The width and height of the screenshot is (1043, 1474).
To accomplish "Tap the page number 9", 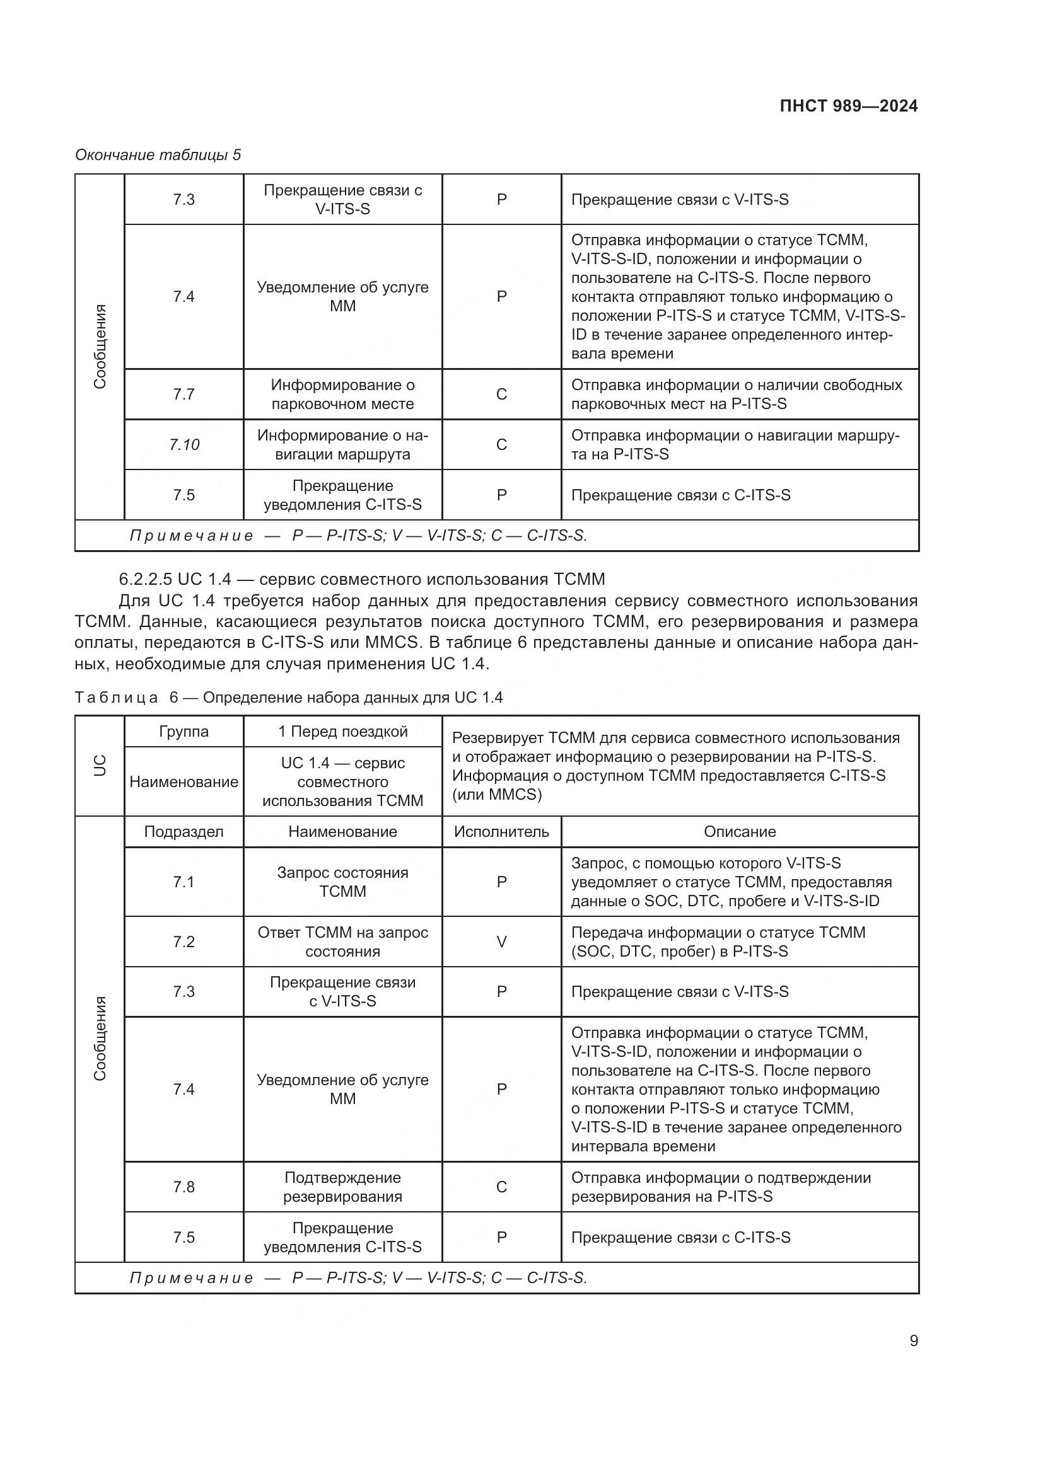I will pos(913,1340).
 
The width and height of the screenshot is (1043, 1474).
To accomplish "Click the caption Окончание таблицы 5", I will pos(158,155).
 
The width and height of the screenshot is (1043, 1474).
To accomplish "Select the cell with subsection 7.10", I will pos(184,445).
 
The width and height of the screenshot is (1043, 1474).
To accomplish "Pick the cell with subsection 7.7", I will pos(184,394).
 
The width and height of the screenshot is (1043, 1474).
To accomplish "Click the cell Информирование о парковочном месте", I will pos(342,394).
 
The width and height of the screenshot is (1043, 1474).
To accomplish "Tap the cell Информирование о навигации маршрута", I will pos(342,445).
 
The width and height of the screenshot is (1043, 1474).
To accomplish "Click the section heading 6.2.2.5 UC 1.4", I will pos(361,579).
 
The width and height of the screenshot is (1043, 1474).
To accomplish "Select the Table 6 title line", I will pos(288,697).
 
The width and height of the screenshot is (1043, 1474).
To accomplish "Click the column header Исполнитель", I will pos(501,832).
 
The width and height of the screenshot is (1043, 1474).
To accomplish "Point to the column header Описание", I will pos(739,832).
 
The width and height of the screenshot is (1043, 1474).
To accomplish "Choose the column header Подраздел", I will pos(184,832).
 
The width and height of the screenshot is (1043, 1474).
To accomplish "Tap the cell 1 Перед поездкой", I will pos(342,732).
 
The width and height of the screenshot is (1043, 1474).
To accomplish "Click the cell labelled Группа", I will pos(184,732).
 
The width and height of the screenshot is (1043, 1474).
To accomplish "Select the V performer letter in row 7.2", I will pos(501,941).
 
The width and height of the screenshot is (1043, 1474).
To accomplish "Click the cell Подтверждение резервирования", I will pos(342,1187).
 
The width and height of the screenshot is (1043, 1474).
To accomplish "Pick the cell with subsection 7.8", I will pos(184,1187).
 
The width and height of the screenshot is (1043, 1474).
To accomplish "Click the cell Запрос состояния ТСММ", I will pos(342,882).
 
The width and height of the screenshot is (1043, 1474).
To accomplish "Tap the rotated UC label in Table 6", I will pos(100,766).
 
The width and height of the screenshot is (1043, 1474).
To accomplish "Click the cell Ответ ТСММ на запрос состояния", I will pos(342,941).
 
